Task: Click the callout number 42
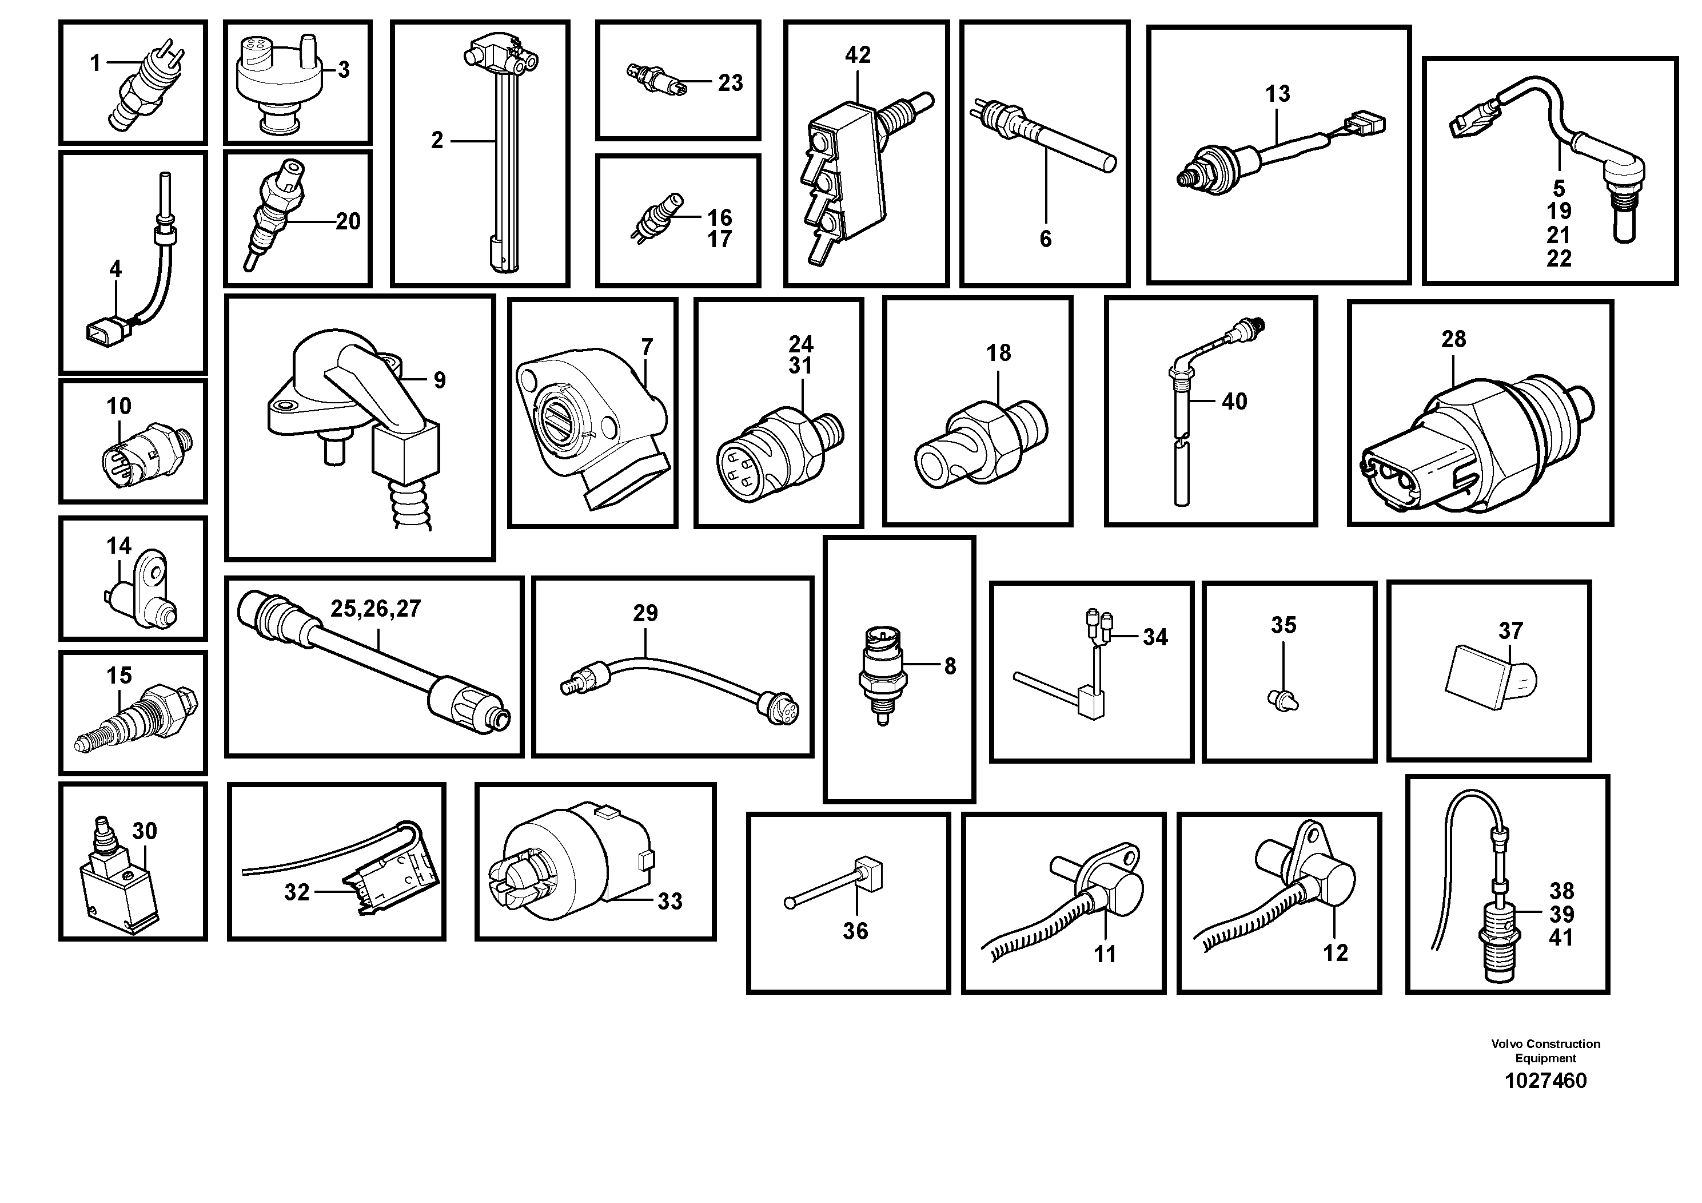(x=858, y=55)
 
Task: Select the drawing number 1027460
(x=1545, y=1081)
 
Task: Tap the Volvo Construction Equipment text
(x=1545, y=1051)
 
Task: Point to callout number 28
(x=1453, y=339)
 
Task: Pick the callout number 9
(x=440, y=380)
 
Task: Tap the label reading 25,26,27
(x=375, y=609)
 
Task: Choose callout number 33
(x=669, y=901)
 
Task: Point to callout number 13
(x=1277, y=94)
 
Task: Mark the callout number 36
(x=855, y=931)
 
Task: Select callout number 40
(x=1234, y=401)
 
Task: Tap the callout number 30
(x=145, y=831)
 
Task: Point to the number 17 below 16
(x=719, y=240)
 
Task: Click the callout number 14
(x=118, y=546)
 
